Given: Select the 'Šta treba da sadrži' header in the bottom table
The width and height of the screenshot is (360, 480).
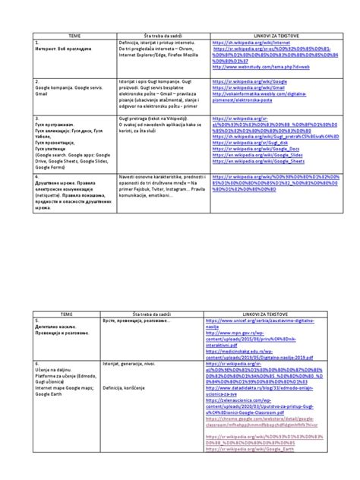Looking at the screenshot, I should click(158, 313).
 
